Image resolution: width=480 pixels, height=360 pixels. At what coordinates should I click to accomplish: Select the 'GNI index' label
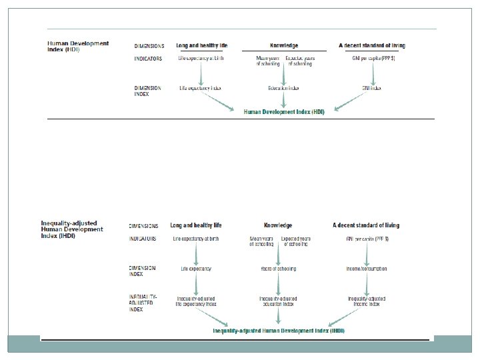371,88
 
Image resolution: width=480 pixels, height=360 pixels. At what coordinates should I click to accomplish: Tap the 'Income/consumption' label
367,269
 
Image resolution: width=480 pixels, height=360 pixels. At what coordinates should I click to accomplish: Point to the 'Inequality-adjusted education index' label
278,301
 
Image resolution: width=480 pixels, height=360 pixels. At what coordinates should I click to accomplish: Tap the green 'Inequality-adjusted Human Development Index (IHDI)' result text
279,331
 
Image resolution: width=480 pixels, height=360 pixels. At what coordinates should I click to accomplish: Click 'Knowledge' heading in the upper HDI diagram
284,46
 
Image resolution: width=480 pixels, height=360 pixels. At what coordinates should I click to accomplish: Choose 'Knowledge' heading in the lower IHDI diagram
278,226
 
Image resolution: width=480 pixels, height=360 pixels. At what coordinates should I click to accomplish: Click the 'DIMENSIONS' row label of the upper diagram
149,46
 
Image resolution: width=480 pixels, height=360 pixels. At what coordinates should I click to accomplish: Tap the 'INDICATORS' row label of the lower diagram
143,238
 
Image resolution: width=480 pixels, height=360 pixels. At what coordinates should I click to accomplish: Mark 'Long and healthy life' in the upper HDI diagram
201,46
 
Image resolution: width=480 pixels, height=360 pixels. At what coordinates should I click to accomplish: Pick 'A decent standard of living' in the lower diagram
366,226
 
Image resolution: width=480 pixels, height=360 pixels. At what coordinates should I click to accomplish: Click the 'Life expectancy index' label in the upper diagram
200,88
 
